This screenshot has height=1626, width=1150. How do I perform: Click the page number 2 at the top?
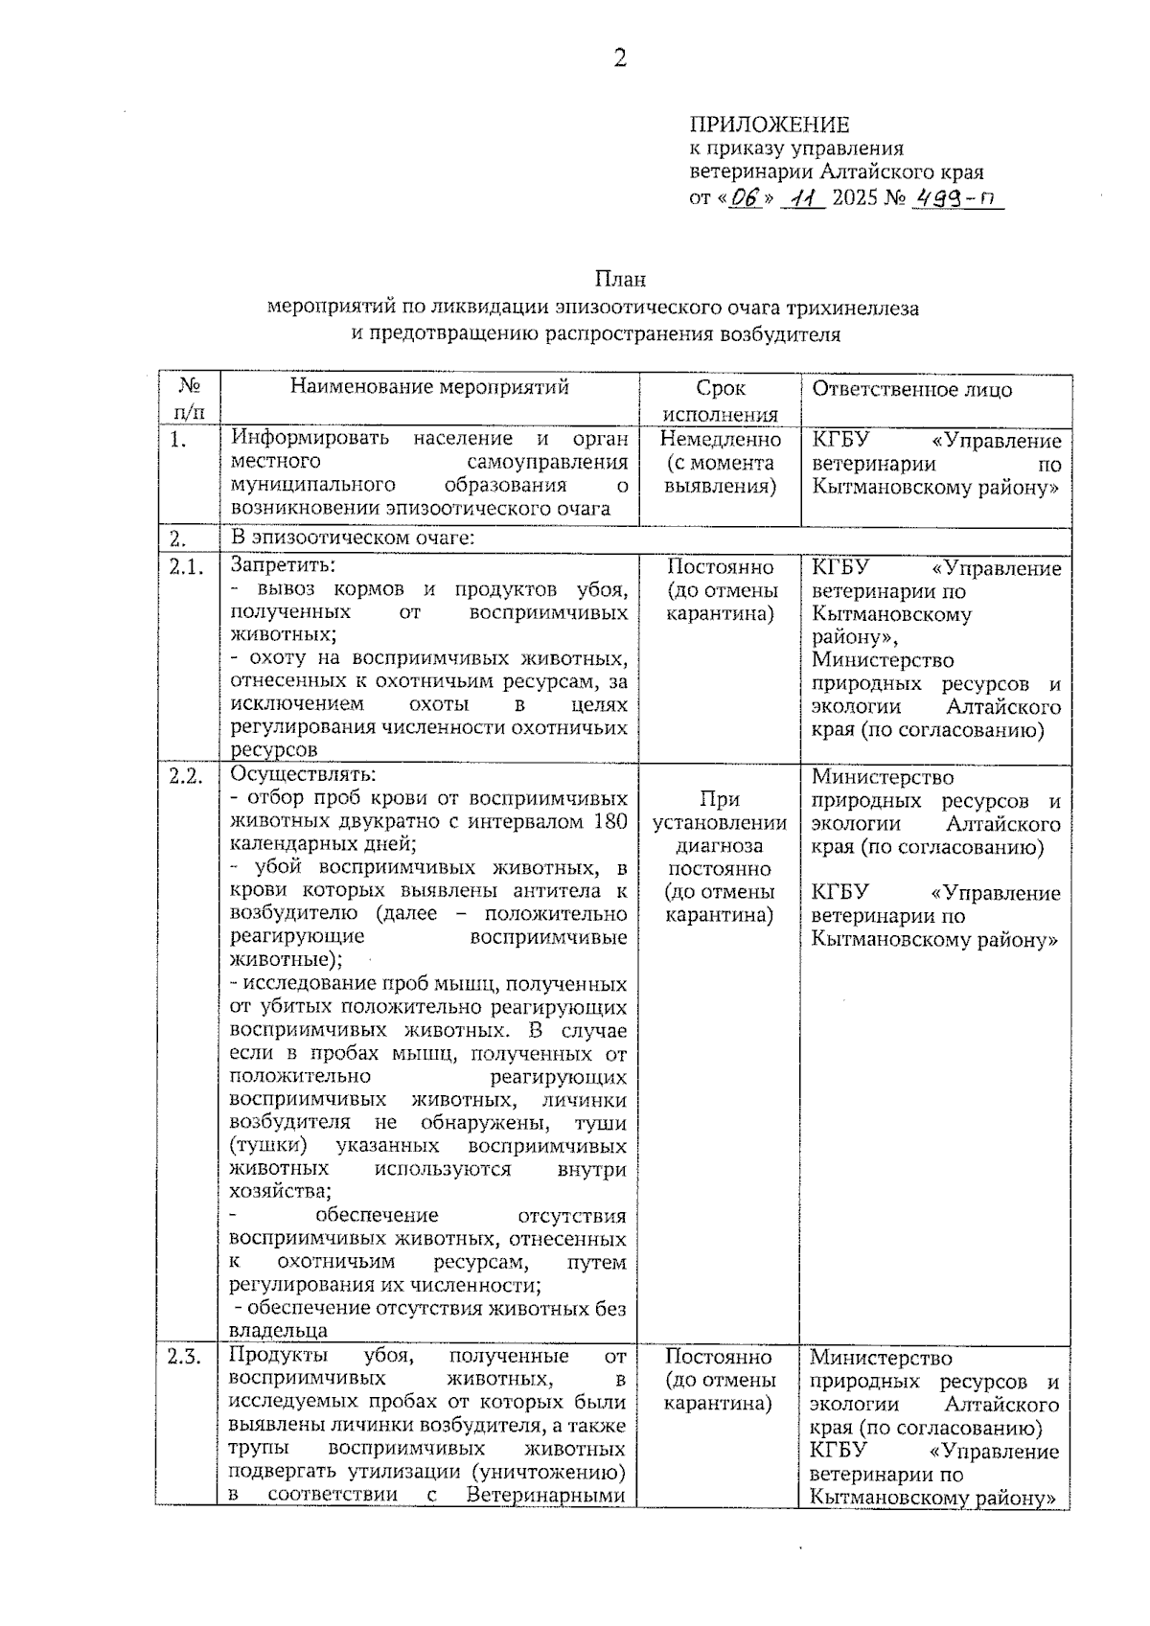620,59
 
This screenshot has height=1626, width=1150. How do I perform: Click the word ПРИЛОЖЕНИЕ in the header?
770,125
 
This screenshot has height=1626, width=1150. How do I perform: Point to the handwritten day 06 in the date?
744,198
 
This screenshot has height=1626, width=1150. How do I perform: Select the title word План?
620,279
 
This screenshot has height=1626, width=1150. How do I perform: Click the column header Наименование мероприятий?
429,387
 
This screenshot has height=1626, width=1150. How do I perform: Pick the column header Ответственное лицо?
911,389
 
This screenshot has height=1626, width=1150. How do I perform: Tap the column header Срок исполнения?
720,401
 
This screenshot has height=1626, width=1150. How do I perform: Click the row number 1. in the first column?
178,440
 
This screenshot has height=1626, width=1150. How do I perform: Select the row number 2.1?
187,567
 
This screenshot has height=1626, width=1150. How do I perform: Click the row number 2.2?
187,777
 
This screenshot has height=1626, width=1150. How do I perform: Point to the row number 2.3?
185,1357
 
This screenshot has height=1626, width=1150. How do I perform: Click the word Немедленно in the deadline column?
721,440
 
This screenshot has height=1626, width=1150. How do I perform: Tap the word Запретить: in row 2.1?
283,565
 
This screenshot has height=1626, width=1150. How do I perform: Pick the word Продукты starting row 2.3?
279,1356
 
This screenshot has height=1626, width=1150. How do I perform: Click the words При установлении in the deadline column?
720,811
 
